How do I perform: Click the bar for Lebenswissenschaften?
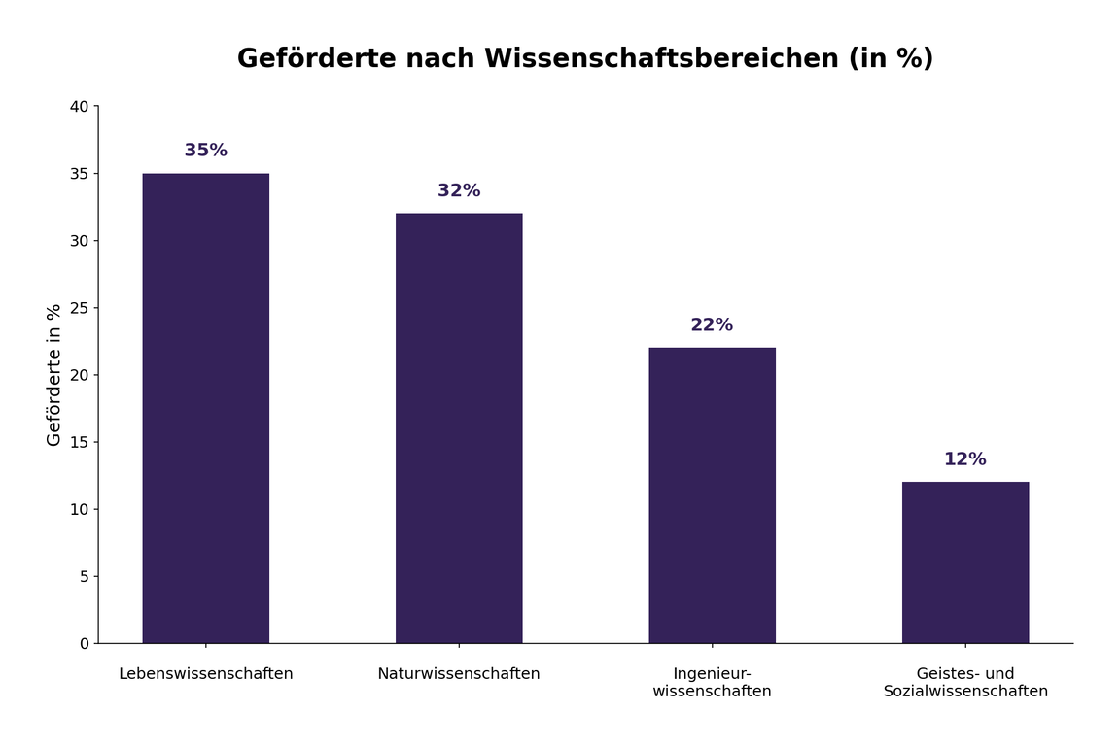[206, 408]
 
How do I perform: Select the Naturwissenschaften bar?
[459, 428]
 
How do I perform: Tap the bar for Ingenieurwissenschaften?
[712, 495]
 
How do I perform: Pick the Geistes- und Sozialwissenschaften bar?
[965, 562]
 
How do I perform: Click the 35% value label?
[206, 151]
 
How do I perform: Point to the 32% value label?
[459, 191]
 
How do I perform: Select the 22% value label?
[712, 325]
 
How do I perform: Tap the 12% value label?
[965, 459]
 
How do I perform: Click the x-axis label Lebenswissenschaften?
[206, 674]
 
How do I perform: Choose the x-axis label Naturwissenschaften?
[459, 674]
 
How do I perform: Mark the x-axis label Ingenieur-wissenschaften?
[712, 683]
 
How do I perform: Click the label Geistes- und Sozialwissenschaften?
[965, 683]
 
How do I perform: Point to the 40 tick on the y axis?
[79, 107]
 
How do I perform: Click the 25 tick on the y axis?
[79, 308]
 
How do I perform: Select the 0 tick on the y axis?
[84, 643]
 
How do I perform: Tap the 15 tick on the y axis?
[79, 442]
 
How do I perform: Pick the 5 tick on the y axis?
[84, 576]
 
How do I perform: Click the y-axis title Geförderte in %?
[54, 375]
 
